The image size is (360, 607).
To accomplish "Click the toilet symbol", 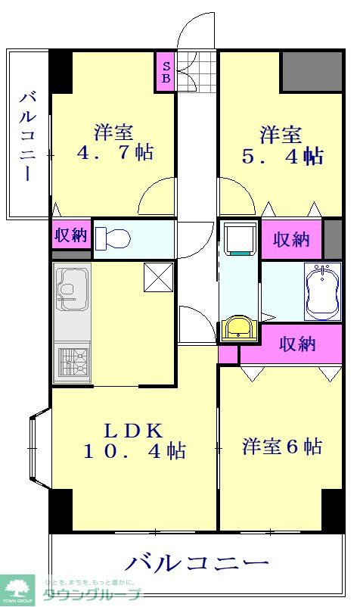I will (x=113, y=238).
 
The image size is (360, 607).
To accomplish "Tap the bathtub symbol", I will (x=323, y=291).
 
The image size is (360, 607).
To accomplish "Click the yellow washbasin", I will (x=239, y=328).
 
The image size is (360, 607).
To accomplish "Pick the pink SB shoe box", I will (x=166, y=71).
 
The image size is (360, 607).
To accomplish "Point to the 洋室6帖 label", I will (x=281, y=447).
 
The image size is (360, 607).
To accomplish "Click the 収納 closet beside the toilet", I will (x=71, y=235).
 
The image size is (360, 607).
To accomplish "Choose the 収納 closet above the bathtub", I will (x=291, y=239).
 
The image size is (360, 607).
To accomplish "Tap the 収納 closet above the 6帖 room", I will (x=297, y=344).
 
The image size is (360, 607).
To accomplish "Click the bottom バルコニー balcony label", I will (x=197, y=563).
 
